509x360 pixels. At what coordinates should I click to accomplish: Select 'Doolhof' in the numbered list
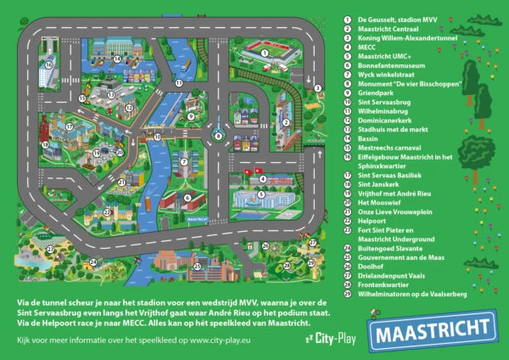372,267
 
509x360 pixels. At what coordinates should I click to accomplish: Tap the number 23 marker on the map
50,248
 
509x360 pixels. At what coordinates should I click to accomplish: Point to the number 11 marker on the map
179,82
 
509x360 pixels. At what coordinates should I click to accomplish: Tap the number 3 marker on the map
316,87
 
